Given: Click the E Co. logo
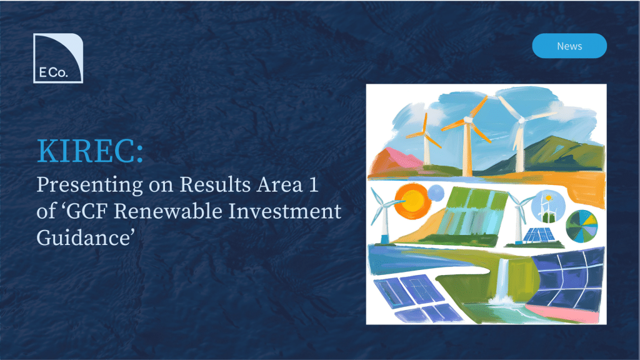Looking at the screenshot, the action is (58, 58).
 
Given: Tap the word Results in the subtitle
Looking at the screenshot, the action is (215, 184).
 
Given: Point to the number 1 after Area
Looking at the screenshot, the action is (314, 185).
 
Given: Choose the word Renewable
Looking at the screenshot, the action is (168, 211).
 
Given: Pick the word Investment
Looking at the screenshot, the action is (285, 211).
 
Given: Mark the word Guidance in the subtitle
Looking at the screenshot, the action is (83, 238).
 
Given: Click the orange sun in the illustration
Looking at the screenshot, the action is (412, 202).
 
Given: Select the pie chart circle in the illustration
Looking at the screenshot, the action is (582, 226).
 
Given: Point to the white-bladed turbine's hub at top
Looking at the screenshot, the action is (521, 121).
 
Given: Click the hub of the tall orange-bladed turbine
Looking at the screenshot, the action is (467, 119).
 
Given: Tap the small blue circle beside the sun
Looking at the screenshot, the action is (436, 193).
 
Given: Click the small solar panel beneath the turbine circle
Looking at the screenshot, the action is (539, 235).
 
